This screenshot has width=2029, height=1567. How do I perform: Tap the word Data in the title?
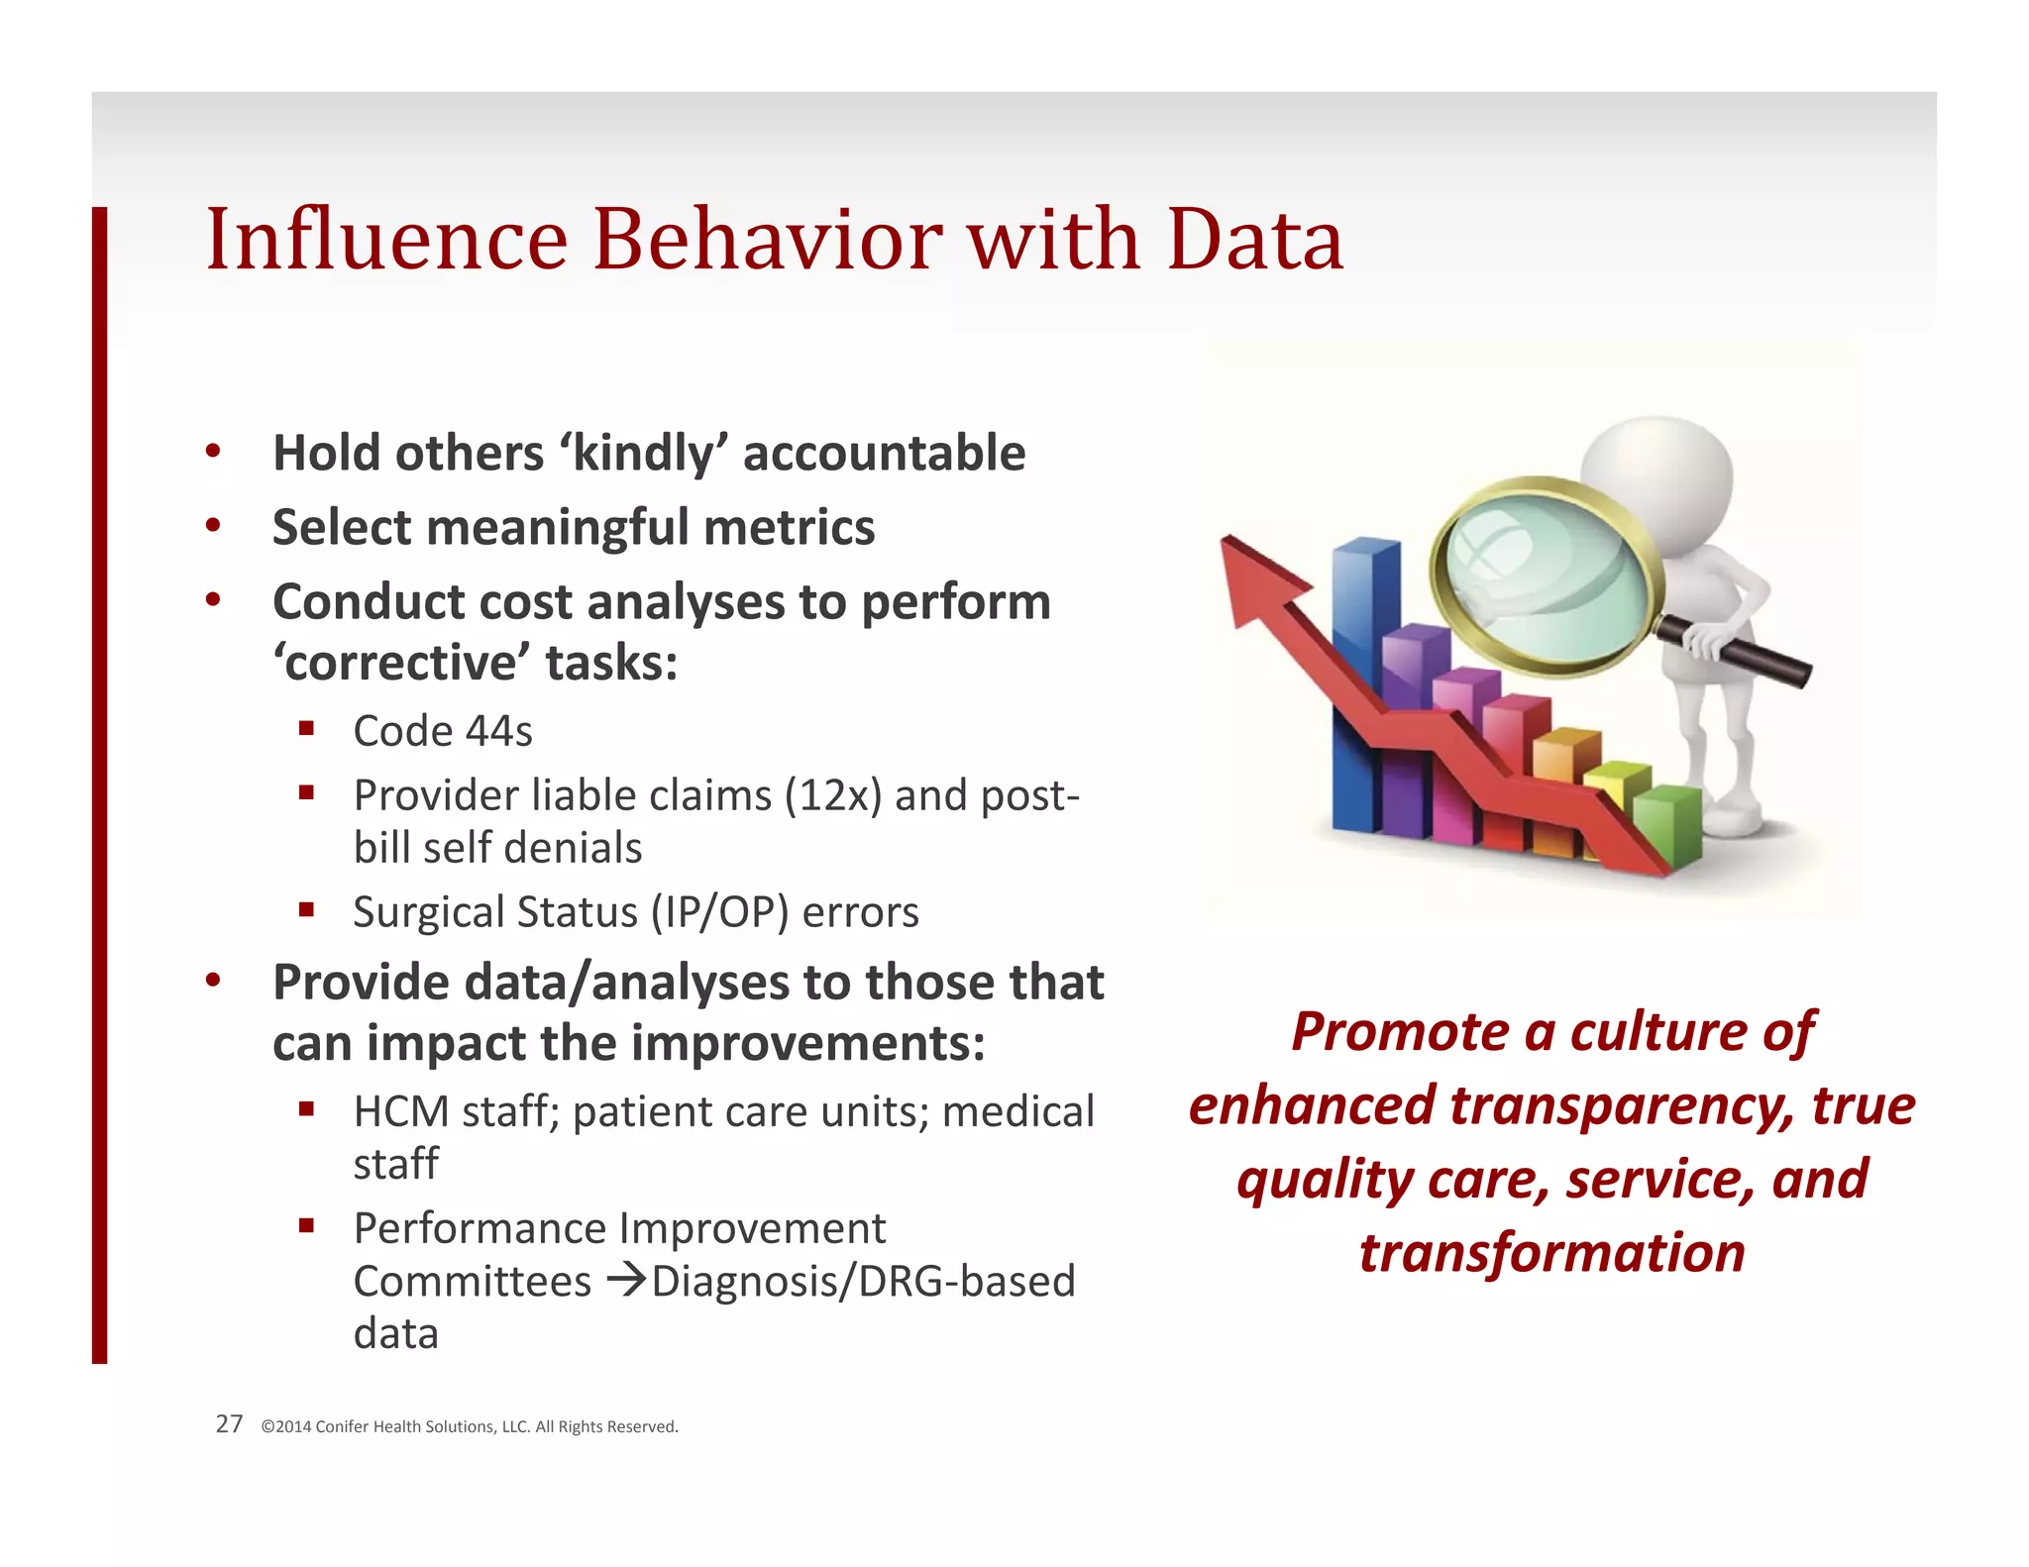tap(1254, 240)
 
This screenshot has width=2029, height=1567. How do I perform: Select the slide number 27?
tap(229, 1424)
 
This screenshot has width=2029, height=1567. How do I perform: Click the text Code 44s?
tap(443, 731)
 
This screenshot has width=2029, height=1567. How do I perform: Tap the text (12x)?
tap(832, 795)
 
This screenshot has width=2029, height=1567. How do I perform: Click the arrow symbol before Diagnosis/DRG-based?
tap(625, 1281)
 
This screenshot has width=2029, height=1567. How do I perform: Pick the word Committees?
tap(473, 1282)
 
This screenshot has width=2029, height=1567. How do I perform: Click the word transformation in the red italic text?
tap(1551, 1253)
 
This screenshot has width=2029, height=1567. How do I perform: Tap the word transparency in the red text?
tap(1623, 1105)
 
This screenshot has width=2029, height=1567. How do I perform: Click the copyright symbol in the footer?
tap(267, 1427)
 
